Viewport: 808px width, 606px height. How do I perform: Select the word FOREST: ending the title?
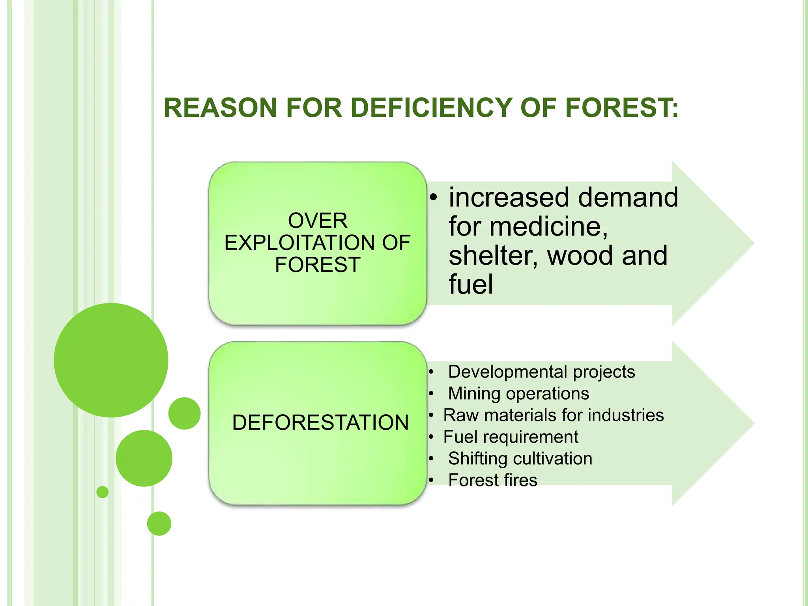[x=622, y=108]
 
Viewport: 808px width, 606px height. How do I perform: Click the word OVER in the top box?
[x=318, y=220]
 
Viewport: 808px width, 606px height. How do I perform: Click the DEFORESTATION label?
[x=320, y=423]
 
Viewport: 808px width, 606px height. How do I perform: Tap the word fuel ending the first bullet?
[x=471, y=284]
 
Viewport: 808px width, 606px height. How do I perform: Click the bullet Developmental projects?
[x=541, y=372]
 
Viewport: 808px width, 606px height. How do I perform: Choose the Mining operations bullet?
[x=518, y=393]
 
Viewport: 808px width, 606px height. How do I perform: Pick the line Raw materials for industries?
[x=553, y=415]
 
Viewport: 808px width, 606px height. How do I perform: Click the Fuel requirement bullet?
[x=511, y=437]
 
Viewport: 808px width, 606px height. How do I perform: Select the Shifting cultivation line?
[x=520, y=458]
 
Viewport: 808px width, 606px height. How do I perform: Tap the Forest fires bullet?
[x=492, y=480]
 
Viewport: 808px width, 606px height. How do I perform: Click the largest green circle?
[x=111, y=360]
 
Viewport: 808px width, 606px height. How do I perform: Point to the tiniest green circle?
[x=103, y=492]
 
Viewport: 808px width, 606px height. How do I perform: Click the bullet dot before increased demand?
[x=434, y=198]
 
